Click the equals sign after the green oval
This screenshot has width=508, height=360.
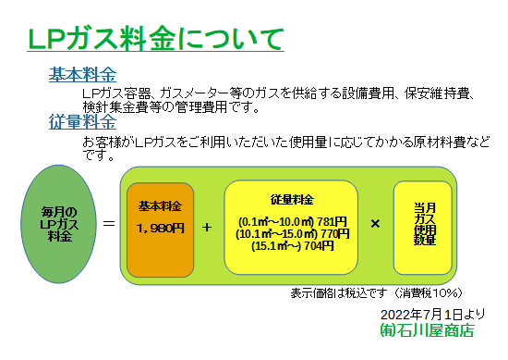[110, 224]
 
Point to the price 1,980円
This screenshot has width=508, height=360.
[160, 228]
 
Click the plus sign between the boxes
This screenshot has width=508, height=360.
[207, 226]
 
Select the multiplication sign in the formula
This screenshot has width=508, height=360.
[375, 223]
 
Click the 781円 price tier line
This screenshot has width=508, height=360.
[292, 221]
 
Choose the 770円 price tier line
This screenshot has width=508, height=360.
[292, 233]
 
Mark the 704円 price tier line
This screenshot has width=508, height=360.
[292, 245]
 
